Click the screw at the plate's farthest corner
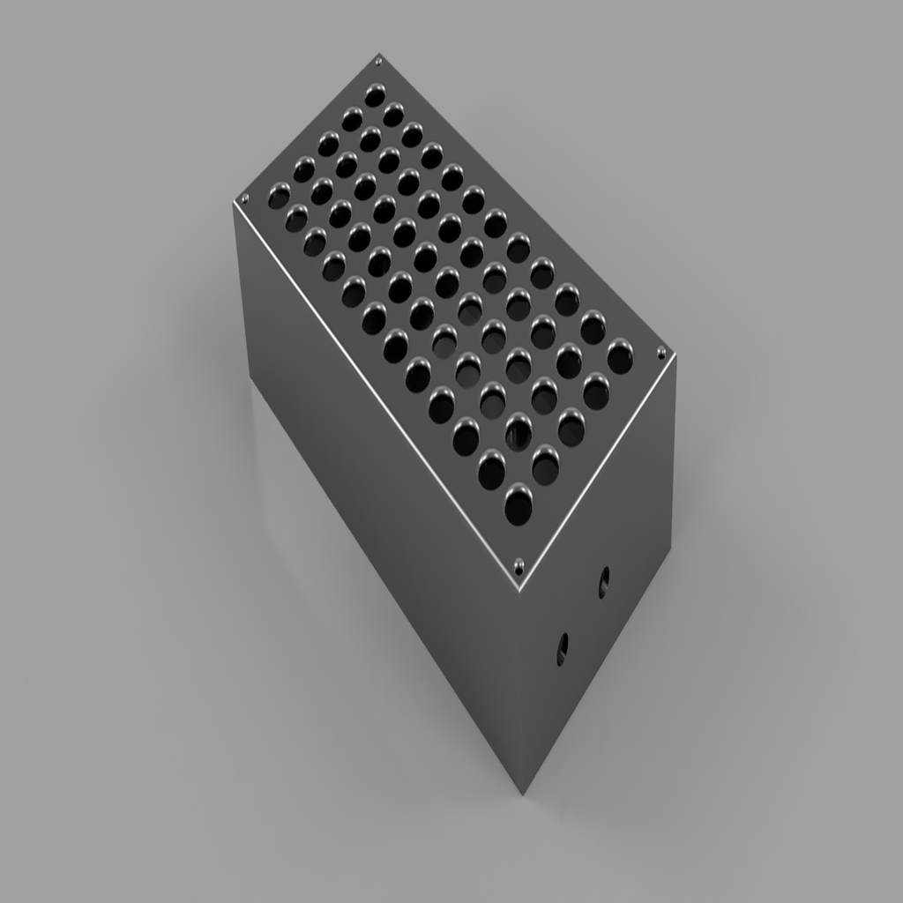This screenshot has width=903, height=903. pos(379,61)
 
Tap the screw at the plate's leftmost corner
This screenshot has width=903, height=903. pos(244,198)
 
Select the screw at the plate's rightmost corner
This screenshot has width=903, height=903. pos(661,353)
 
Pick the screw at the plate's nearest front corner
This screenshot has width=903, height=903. pos(519,563)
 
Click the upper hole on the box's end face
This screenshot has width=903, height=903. pos(603,581)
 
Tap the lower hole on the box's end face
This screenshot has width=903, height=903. pos(563,648)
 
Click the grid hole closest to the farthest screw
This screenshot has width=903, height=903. pos(375,93)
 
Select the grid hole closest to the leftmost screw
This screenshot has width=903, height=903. pos(279,195)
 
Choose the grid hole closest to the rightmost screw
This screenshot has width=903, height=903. pos(620,357)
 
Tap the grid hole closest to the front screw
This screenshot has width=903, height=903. pos(519,505)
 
